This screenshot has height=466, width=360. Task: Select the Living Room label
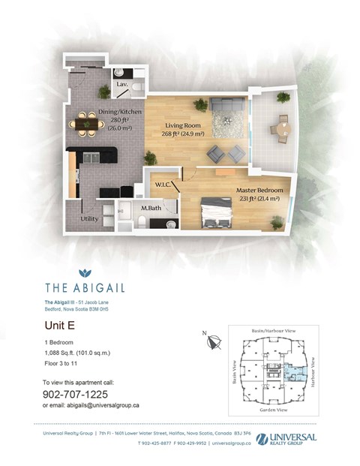(x=175, y=127)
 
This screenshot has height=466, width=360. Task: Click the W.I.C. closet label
(x=164, y=183)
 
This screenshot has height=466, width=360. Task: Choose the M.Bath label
(x=152, y=207)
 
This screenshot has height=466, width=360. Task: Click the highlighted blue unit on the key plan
(x=289, y=369)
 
